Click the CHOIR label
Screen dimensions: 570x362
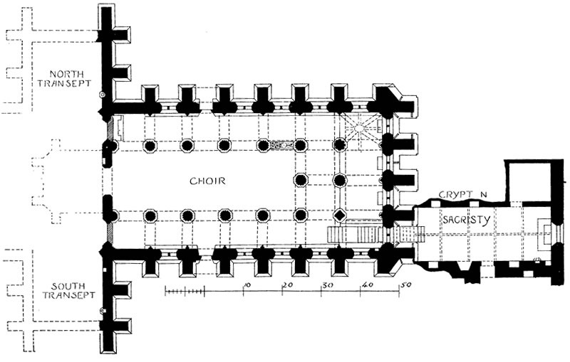[207, 181]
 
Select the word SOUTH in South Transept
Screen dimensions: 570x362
[68, 286]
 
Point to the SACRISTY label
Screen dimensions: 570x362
[467, 220]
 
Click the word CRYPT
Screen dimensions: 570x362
[456, 194]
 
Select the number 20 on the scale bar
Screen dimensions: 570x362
[288, 284]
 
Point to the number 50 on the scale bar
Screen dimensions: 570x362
[406, 284]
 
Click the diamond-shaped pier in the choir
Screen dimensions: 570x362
[340, 215]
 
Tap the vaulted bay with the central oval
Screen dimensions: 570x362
[361, 128]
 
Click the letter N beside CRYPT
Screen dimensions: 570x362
[483, 194]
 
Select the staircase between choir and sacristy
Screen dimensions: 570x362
[376, 234]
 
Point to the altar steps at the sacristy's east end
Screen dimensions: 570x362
[545, 232]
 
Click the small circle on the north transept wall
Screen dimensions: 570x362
[103, 95]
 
